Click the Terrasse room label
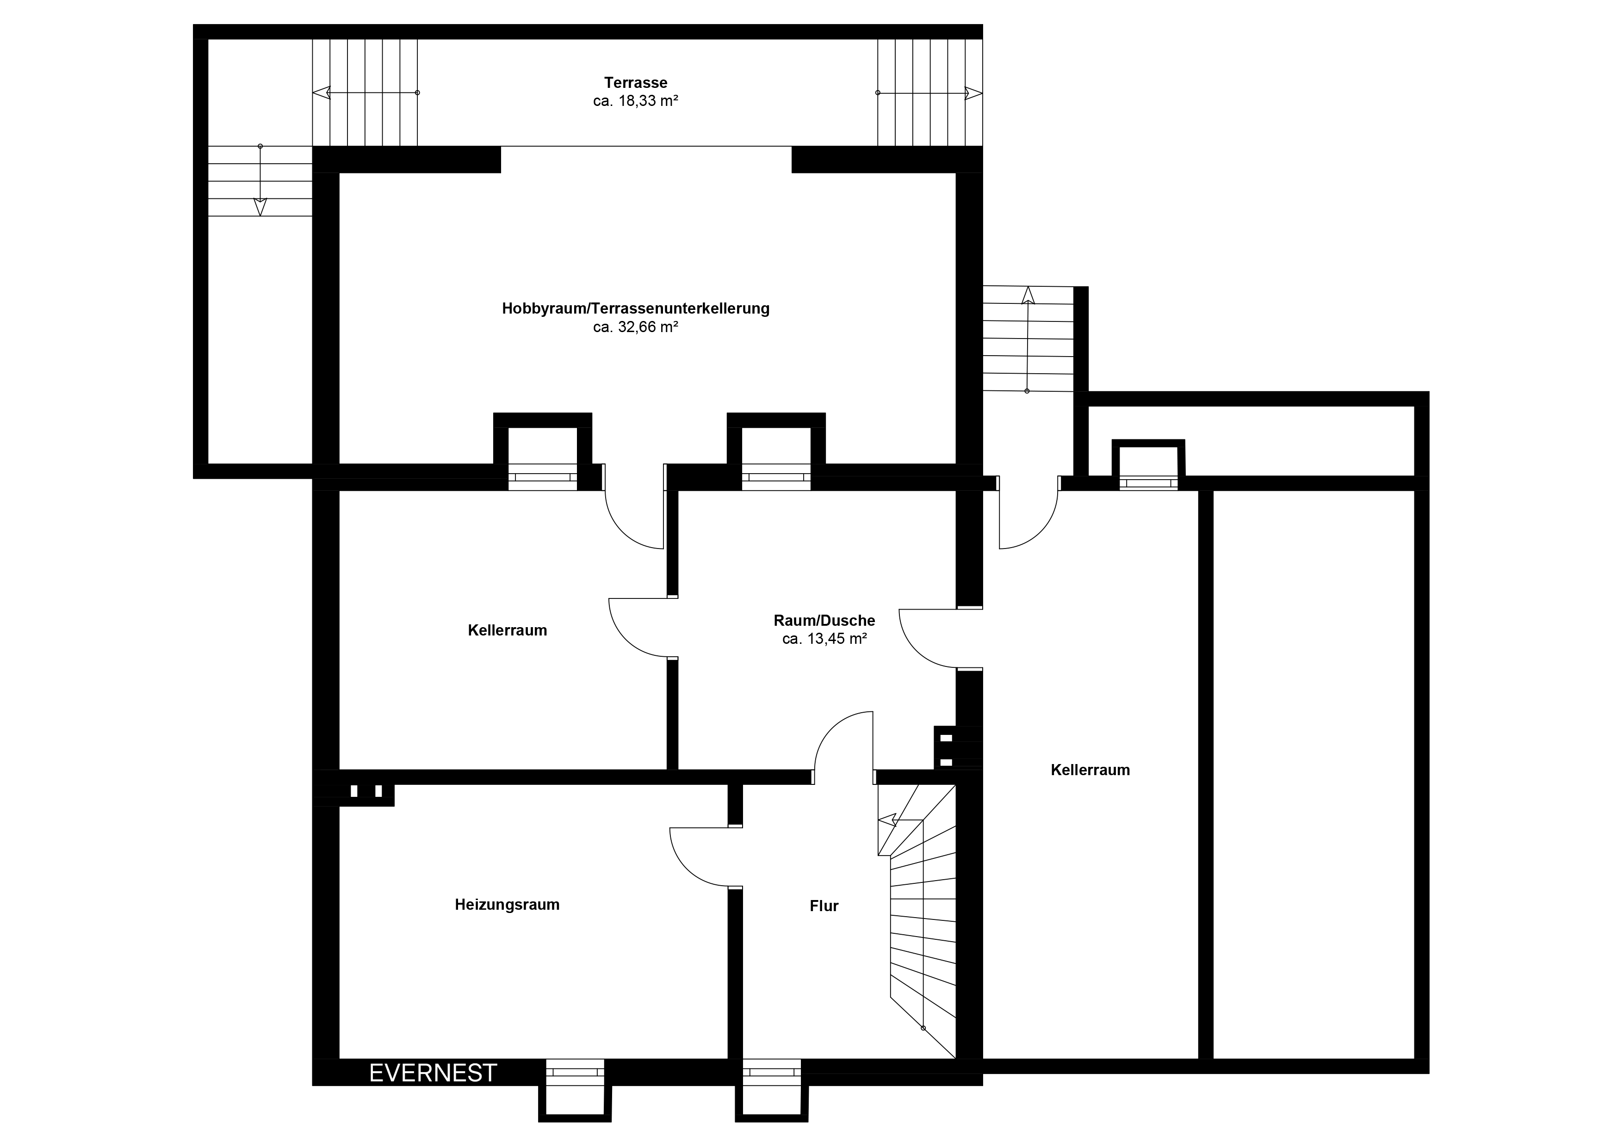pyautogui.click(x=636, y=83)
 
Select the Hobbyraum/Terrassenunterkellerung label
pyautogui.click(x=636, y=309)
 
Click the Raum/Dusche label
pyautogui.click(x=824, y=621)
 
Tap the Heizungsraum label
pyautogui.click(x=507, y=905)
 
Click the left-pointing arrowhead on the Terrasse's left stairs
pyautogui.click(x=321, y=92)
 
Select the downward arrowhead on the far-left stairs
pyautogui.click(x=260, y=207)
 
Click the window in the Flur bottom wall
pyautogui.click(x=772, y=1072)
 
